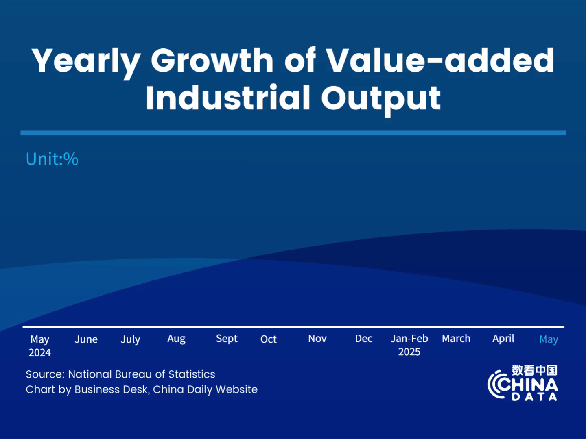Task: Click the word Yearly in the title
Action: [86, 61]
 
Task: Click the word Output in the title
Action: [381, 99]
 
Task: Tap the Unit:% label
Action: [52, 159]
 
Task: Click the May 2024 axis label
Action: [40, 346]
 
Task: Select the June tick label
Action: [86, 339]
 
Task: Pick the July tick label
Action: [130, 339]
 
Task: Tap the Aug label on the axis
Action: [176, 339]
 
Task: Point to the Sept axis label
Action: [227, 339]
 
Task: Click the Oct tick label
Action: [268, 339]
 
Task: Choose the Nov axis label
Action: [317, 339]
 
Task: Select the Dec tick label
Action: [363, 339]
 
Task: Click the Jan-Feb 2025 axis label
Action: [409, 345]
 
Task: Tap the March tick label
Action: [456, 339]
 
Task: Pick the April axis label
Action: [503, 339]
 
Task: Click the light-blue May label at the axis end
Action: [549, 339]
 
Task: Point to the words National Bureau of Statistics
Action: [142, 374]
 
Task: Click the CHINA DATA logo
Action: [523, 383]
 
